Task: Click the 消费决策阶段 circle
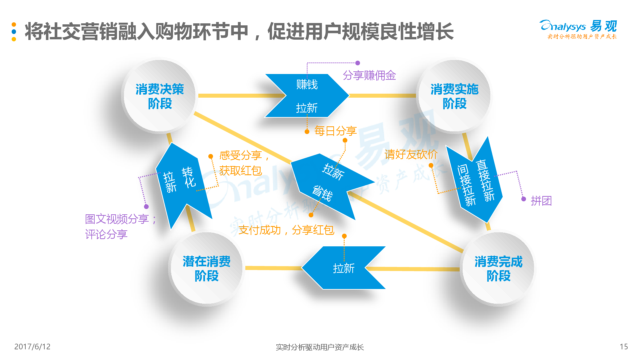[x=159, y=96]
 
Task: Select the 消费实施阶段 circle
[x=454, y=96]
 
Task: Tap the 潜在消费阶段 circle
[x=206, y=268]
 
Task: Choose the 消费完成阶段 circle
[x=498, y=268]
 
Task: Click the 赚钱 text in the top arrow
[x=307, y=84]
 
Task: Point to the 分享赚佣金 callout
[x=369, y=75]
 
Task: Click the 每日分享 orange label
[x=335, y=131]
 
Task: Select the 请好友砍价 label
[x=411, y=154]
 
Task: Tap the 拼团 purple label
[x=541, y=201]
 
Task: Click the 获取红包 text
[x=240, y=171]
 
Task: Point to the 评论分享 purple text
[x=106, y=234]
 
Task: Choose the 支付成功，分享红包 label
[x=286, y=230]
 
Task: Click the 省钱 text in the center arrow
[x=322, y=193]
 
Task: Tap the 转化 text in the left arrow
[x=189, y=177]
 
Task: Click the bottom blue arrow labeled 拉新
[x=343, y=268]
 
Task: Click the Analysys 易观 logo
[x=578, y=29]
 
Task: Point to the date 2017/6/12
[x=32, y=347]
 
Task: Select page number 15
[x=624, y=347]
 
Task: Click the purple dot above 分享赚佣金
[x=358, y=63]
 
